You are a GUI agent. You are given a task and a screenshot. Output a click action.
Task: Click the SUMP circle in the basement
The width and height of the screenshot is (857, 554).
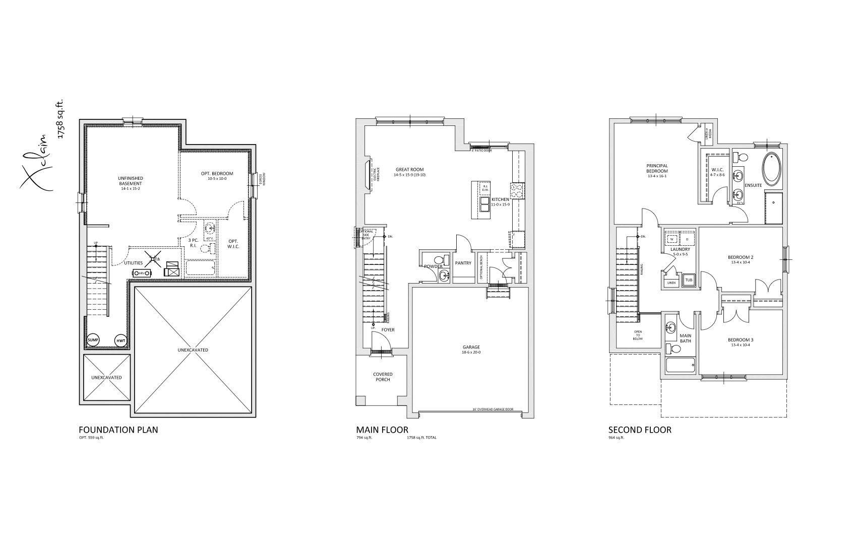pyautogui.click(x=93, y=340)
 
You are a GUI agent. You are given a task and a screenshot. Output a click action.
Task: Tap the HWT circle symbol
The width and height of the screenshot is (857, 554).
pyautogui.click(x=121, y=340)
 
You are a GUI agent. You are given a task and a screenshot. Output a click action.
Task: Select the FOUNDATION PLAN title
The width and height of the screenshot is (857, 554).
pyautogui.click(x=118, y=430)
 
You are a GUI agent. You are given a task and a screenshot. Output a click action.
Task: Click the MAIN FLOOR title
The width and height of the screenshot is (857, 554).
pyautogui.click(x=382, y=430)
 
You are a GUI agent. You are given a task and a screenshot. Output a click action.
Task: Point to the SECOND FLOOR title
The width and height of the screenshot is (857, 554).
pyautogui.click(x=640, y=430)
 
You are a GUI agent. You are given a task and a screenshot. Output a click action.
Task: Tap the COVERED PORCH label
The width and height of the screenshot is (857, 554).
pyautogui.click(x=383, y=377)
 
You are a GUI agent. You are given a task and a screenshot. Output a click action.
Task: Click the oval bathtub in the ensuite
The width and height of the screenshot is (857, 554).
pyautogui.click(x=770, y=169)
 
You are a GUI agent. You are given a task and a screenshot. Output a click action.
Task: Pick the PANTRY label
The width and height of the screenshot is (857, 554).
pyautogui.click(x=463, y=263)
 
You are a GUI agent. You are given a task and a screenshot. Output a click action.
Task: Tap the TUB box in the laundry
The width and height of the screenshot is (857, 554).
pyautogui.click(x=689, y=280)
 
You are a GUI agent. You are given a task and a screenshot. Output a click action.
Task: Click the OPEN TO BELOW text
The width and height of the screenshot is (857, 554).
pyautogui.click(x=638, y=335)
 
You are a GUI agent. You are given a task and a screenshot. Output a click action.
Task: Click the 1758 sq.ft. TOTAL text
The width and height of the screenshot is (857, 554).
pyautogui.click(x=421, y=438)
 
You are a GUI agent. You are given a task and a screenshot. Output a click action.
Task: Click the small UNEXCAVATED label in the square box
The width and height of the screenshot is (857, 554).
pyautogui.click(x=106, y=377)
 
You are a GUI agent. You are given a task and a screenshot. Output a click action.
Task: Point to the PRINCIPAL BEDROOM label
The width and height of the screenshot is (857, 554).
pyautogui.click(x=657, y=168)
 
